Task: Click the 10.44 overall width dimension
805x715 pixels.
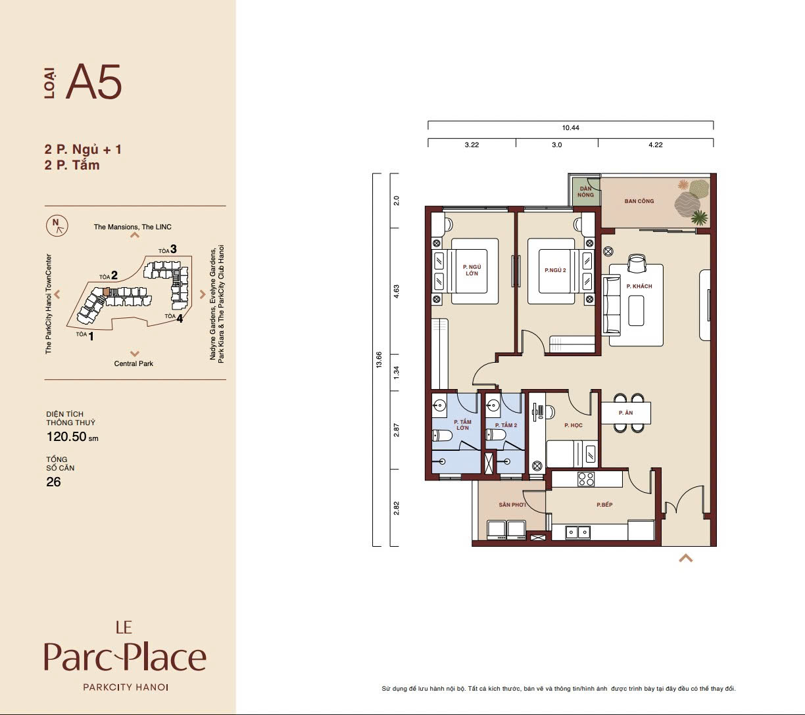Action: tap(570, 128)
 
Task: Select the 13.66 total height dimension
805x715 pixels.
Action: tap(379, 359)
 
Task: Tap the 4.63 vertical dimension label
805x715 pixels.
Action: tap(396, 291)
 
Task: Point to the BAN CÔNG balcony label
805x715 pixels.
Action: tap(639, 201)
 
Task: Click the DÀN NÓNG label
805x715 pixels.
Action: tap(586, 192)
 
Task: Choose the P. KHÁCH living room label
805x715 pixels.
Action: tap(639, 287)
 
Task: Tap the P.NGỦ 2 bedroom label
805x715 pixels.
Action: tap(555, 270)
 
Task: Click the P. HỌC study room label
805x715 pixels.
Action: tap(573, 425)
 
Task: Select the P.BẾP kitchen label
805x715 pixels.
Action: tap(604, 505)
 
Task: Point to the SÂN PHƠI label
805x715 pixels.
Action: tap(512, 505)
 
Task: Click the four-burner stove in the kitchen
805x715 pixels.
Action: tap(586, 479)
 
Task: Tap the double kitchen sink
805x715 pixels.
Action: tap(577, 532)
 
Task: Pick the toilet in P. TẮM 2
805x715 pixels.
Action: tap(495, 435)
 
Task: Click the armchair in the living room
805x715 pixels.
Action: tap(637, 264)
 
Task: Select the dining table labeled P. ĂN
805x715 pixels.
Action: tap(625, 413)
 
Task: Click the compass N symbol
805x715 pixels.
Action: tap(57, 225)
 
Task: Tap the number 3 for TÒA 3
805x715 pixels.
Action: tap(173, 249)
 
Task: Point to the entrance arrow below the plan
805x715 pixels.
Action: tap(685, 558)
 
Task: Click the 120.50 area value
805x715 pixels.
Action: tap(66, 437)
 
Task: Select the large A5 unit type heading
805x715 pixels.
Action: tap(94, 81)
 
